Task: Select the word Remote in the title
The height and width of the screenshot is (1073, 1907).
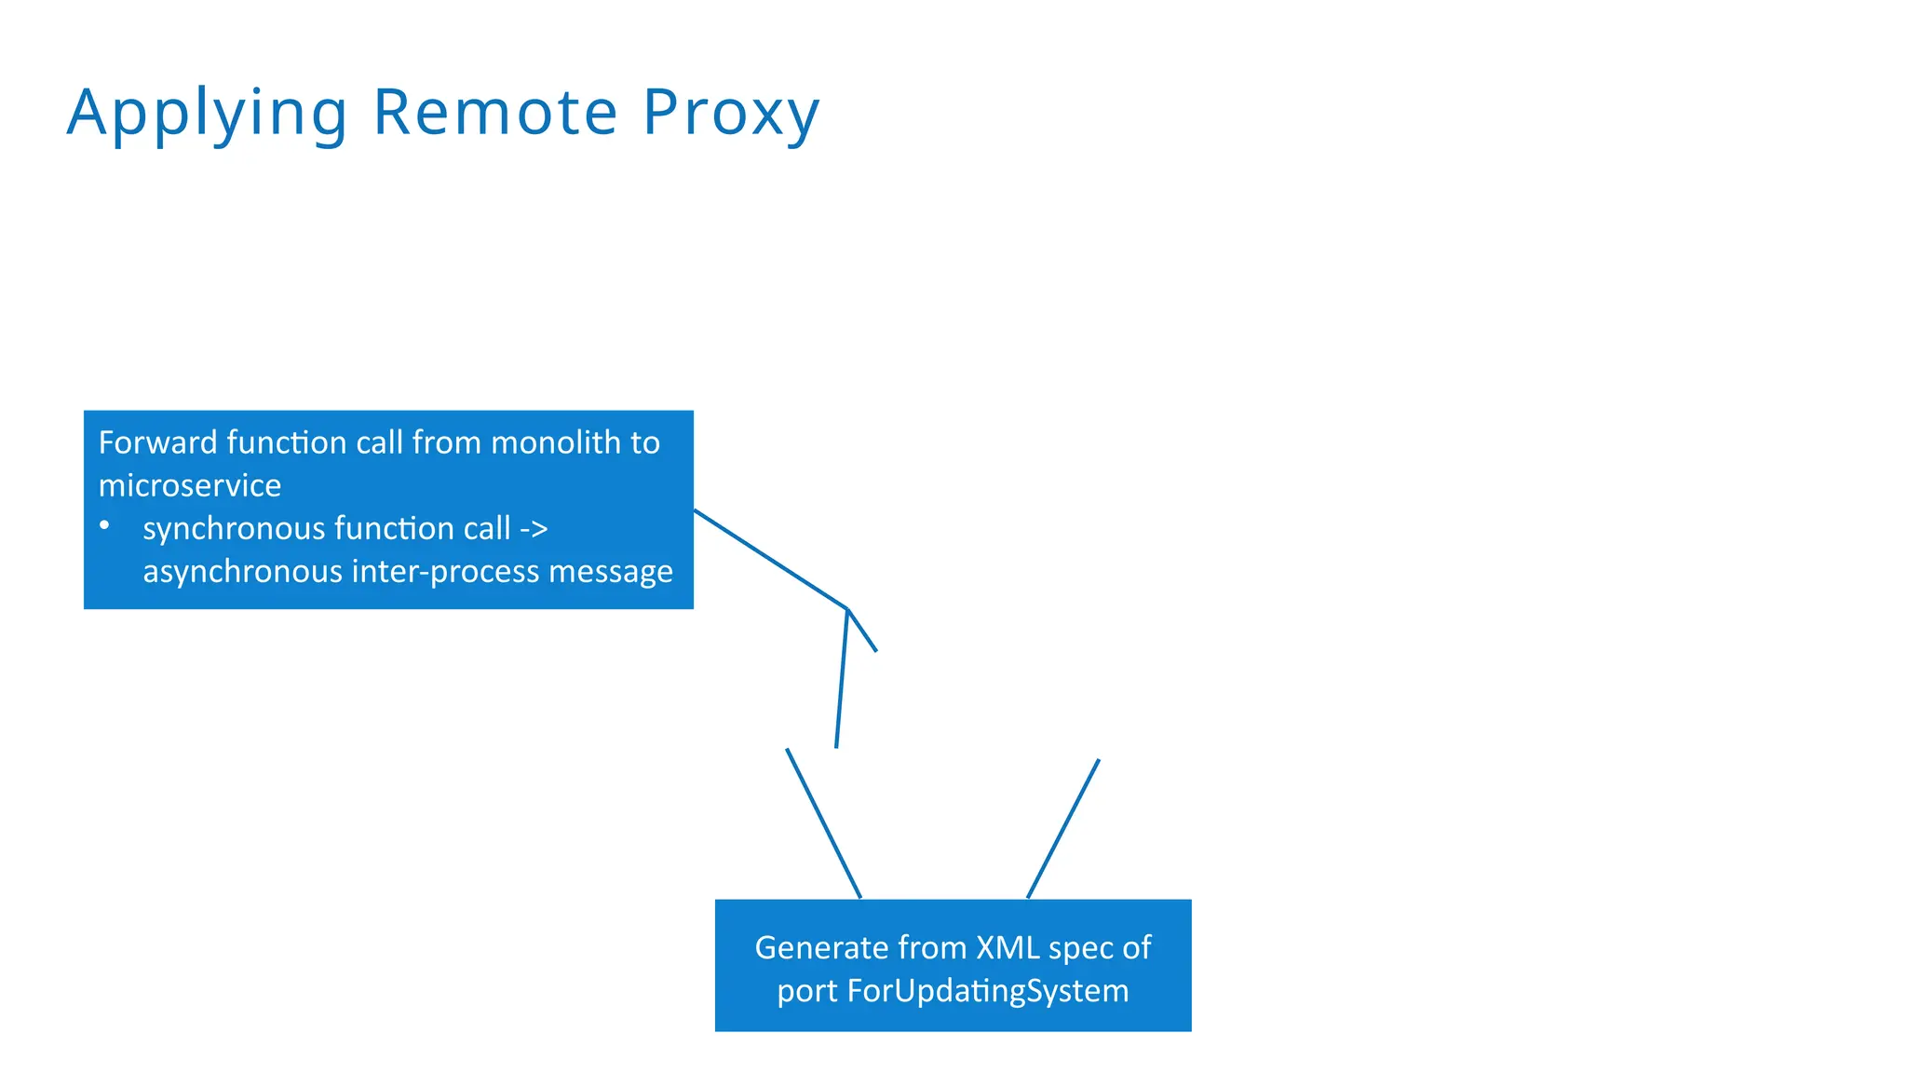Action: [x=495, y=112]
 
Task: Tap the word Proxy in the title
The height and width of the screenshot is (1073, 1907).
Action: [x=731, y=114]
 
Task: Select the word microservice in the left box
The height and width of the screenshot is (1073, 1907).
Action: [x=190, y=485]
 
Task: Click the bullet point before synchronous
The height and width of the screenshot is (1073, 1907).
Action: [x=104, y=526]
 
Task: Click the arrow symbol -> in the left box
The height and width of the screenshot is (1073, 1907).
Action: [x=534, y=529]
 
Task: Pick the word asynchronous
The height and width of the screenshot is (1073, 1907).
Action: [x=242, y=571]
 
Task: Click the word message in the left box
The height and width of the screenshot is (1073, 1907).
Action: [x=610, y=571]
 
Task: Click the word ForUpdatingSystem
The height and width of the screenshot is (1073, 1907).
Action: [x=987, y=990]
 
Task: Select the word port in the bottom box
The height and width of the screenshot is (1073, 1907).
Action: [x=807, y=990]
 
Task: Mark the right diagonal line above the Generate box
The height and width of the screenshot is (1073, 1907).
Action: [x=1063, y=828]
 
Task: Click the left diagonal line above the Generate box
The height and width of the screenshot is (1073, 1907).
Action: [x=823, y=822]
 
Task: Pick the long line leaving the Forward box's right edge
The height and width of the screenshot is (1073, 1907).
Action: [x=771, y=559]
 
